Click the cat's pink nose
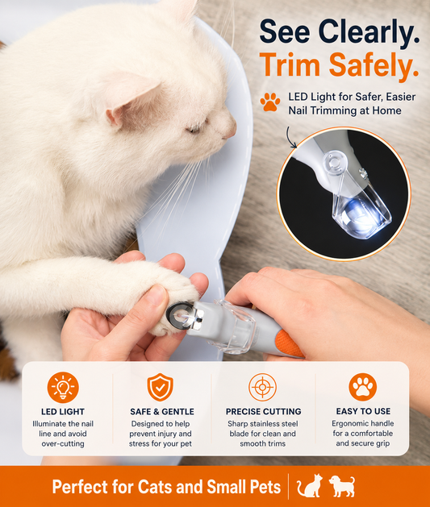click(231, 130)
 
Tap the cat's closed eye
click(194, 129)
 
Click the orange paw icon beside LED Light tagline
click(270, 102)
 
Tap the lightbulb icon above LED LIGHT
click(63, 387)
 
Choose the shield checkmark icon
click(161, 387)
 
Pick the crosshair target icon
click(262, 387)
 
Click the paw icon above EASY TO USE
click(363, 387)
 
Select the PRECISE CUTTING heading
click(263, 411)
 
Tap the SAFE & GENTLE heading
click(162, 411)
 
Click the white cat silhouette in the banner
click(310, 485)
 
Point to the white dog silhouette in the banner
click(342, 485)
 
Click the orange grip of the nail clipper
click(288, 343)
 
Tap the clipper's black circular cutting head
click(177, 313)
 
